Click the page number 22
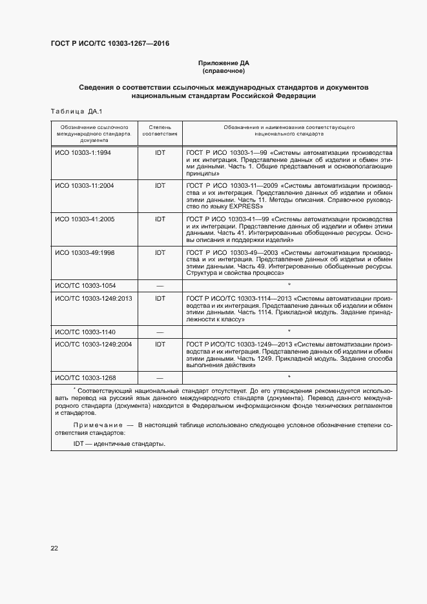(x=54, y=549)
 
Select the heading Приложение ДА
(x=223, y=63)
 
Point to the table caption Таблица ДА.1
(x=72, y=110)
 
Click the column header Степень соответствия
(x=160, y=132)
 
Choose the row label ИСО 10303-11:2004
(x=85, y=185)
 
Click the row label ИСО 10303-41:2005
(x=85, y=219)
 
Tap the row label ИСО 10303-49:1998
(x=85, y=253)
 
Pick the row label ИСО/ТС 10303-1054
(x=85, y=285)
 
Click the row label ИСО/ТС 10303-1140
(x=85, y=331)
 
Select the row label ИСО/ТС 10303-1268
(x=85, y=377)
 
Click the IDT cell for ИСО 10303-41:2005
(x=160, y=219)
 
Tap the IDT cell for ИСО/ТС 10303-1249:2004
(x=160, y=345)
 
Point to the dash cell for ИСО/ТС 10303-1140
(x=160, y=332)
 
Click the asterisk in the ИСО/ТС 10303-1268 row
(x=289, y=376)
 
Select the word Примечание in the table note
(x=98, y=425)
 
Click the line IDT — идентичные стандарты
(x=119, y=444)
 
